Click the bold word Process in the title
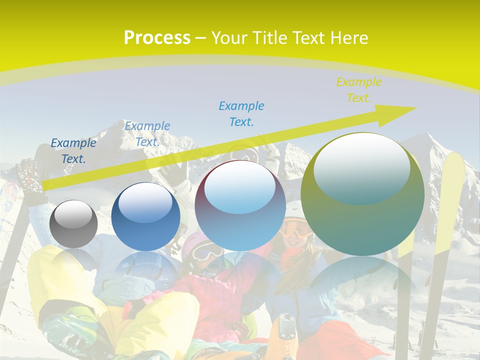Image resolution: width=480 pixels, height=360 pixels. (157, 38)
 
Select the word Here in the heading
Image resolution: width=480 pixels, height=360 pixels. (348, 38)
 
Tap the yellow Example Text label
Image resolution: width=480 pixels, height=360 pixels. (358, 90)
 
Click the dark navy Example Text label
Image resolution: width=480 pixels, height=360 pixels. (73, 151)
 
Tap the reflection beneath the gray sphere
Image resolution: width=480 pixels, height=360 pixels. (73, 260)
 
